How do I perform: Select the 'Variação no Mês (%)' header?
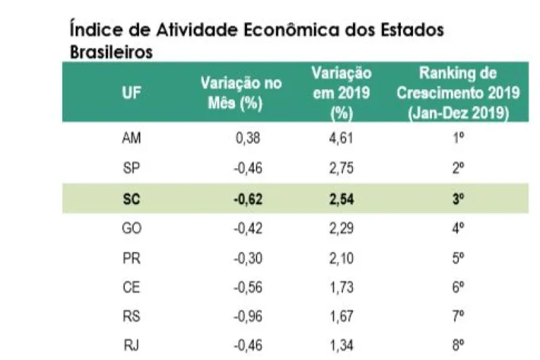(x=241, y=93)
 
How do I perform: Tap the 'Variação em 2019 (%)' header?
(x=342, y=93)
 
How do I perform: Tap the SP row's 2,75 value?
(x=342, y=168)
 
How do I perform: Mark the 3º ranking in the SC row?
(x=458, y=199)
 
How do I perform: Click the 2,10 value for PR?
(x=342, y=257)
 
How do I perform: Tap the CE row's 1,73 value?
(x=342, y=286)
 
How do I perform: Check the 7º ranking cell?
(x=458, y=316)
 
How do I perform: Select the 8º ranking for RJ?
(x=458, y=345)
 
